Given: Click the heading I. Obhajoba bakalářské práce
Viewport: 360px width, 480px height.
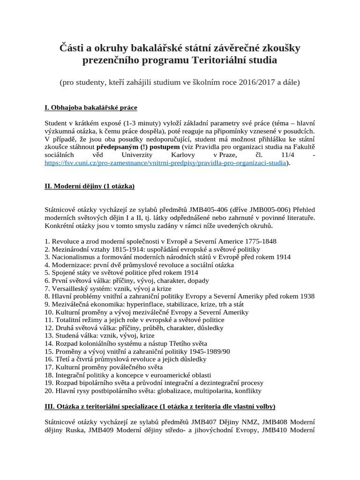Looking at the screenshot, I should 91,108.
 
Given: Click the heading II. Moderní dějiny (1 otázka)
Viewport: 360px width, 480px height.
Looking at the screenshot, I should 90,187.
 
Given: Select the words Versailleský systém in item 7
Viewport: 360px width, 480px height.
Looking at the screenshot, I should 82,288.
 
